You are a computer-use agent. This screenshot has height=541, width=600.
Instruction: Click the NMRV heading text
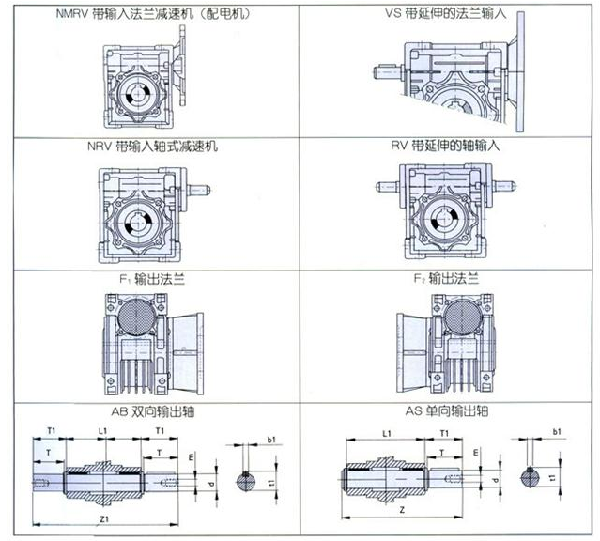(x=153, y=14)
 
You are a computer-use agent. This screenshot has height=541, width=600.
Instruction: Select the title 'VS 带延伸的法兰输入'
(x=446, y=13)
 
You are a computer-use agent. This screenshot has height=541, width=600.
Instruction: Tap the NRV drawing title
(x=153, y=147)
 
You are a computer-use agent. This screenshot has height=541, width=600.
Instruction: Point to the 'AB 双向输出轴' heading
(x=153, y=411)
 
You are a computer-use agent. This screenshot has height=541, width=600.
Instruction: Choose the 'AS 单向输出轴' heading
(x=447, y=410)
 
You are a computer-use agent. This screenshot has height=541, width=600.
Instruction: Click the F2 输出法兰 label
(x=446, y=279)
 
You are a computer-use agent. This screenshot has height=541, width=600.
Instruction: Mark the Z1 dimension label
(x=104, y=519)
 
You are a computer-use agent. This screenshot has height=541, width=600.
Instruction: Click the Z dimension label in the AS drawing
(x=402, y=510)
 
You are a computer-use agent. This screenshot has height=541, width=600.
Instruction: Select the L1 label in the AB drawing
(x=102, y=431)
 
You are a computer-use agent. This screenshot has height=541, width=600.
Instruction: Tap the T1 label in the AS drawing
(x=444, y=433)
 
